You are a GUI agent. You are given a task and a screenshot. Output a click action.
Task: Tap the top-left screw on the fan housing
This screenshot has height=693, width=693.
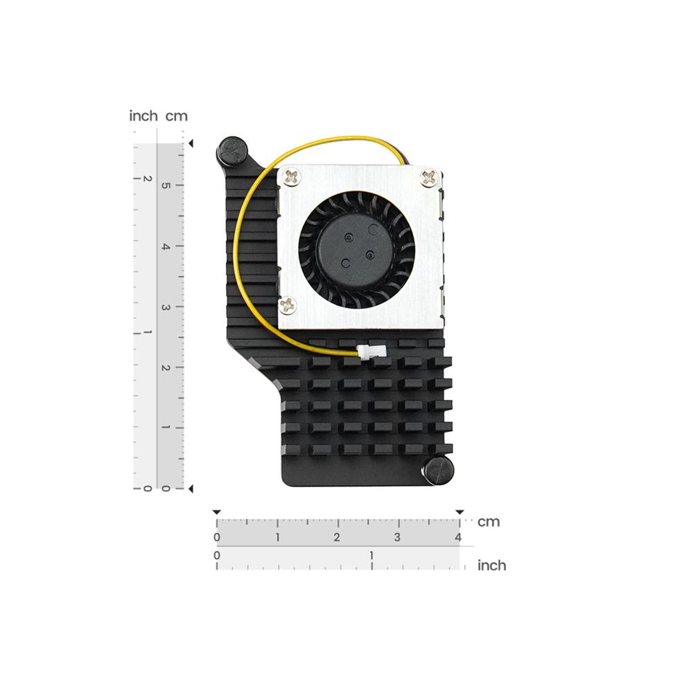coord(291,177)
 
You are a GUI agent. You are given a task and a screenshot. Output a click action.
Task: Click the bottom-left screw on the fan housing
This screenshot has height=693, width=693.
coord(287,304)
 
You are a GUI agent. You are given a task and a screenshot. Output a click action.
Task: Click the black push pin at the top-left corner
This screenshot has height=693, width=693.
coord(234,150)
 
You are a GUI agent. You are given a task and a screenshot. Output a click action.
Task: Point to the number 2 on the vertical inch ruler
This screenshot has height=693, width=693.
coord(146,178)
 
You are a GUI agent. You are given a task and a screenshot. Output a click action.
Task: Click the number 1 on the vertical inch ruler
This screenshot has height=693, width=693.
coord(146,333)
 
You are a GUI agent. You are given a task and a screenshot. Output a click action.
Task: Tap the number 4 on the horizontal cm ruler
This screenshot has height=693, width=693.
coord(458,538)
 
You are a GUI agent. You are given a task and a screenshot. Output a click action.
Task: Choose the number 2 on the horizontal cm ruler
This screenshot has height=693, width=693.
coord(337,538)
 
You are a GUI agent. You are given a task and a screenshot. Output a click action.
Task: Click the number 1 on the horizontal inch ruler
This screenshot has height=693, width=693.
coord(372,555)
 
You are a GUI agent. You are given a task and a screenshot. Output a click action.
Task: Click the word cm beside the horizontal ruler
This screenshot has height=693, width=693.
coord(489,522)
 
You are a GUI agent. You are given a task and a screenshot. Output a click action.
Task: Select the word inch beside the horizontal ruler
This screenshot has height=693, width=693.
coord(492,565)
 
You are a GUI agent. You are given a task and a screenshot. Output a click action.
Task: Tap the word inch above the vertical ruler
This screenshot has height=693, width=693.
coord(143,116)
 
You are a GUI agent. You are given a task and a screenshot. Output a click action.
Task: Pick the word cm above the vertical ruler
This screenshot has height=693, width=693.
coord(176,116)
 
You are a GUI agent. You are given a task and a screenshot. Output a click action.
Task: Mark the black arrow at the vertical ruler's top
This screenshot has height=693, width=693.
coord(191,143)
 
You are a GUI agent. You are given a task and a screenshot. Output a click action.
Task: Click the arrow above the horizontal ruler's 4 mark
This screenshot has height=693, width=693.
coord(459,512)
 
